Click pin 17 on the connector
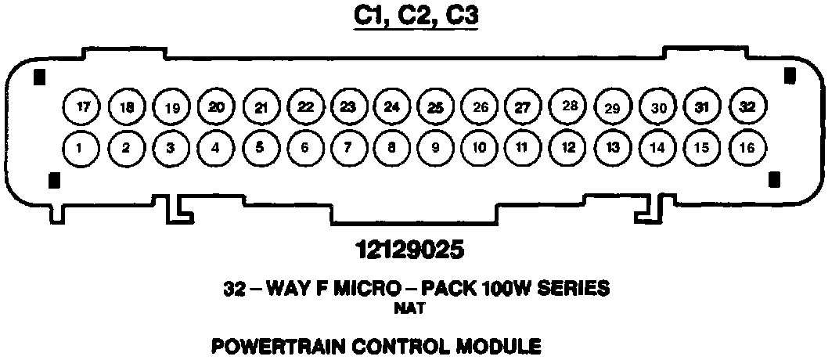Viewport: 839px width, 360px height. click(x=81, y=106)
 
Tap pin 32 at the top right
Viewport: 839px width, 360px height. click(x=747, y=106)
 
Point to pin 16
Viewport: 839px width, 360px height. click(x=747, y=146)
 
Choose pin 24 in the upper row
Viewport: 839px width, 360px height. click(x=389, y=106)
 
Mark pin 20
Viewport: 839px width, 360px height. click(x=216, y=106)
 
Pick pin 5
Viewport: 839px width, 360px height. click(x=259, y=146)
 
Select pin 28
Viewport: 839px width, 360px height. click(x=569, y=106)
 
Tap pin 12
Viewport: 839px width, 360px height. click(x=569, y=146)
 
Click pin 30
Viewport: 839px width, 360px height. click(x=658, y=107)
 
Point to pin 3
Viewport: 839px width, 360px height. click(x=170, y=146)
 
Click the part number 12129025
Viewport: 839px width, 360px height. click(x=409, y=250)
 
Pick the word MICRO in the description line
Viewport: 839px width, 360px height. click(x=356, y=289)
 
